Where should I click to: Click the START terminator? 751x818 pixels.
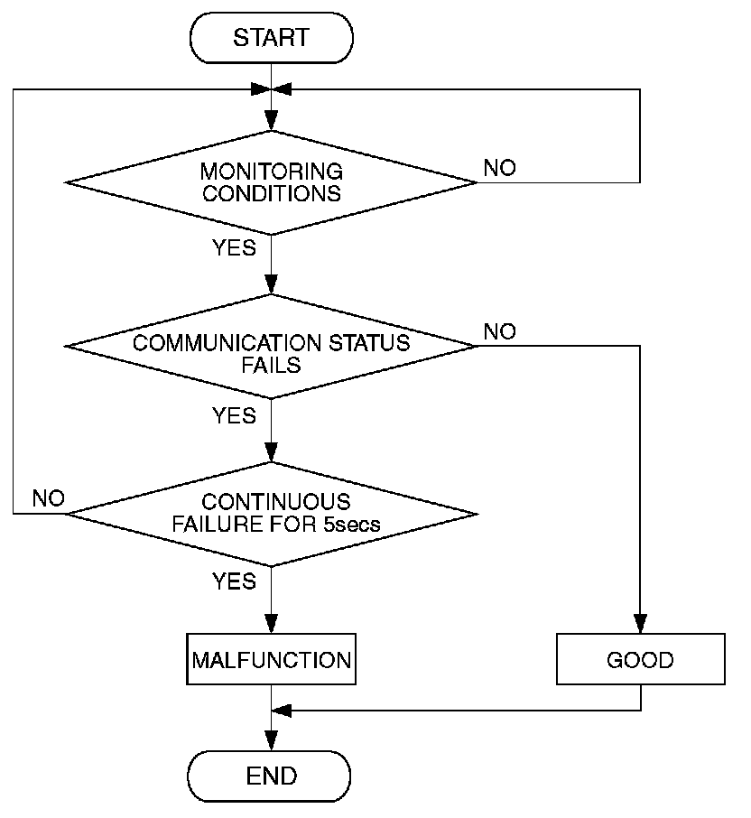pos(271,38)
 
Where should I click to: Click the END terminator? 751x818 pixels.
pos(269,776)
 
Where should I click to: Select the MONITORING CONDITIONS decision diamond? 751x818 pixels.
pos(271,182)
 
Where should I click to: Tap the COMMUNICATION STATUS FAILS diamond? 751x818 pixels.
pos(271,347)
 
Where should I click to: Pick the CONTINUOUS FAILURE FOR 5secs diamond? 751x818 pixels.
pos(271,514)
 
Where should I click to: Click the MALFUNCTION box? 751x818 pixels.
pos(271,659)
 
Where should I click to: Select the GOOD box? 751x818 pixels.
pos(641,659)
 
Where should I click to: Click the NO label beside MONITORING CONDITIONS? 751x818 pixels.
pos(500,168)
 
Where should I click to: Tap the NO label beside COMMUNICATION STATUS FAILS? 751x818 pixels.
pos(500,331)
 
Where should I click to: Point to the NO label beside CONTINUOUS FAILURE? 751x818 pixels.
pos(49,498)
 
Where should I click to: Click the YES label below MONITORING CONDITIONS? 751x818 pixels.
pos(234,247)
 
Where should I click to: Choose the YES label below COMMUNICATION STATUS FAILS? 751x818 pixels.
pos(234,416)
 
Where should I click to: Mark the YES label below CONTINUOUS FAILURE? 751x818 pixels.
pos(234,581)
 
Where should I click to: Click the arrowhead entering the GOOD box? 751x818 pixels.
pos(641,624)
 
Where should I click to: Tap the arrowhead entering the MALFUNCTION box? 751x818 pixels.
pos(271,624)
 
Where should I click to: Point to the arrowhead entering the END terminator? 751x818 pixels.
pos(271,741)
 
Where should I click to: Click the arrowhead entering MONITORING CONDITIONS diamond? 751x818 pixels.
pos(271,121)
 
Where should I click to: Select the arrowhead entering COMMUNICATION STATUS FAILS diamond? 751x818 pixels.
pos(271,284)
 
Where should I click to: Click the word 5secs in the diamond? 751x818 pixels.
pos(351,525)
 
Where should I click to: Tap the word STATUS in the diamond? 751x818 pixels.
pos(369,343)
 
